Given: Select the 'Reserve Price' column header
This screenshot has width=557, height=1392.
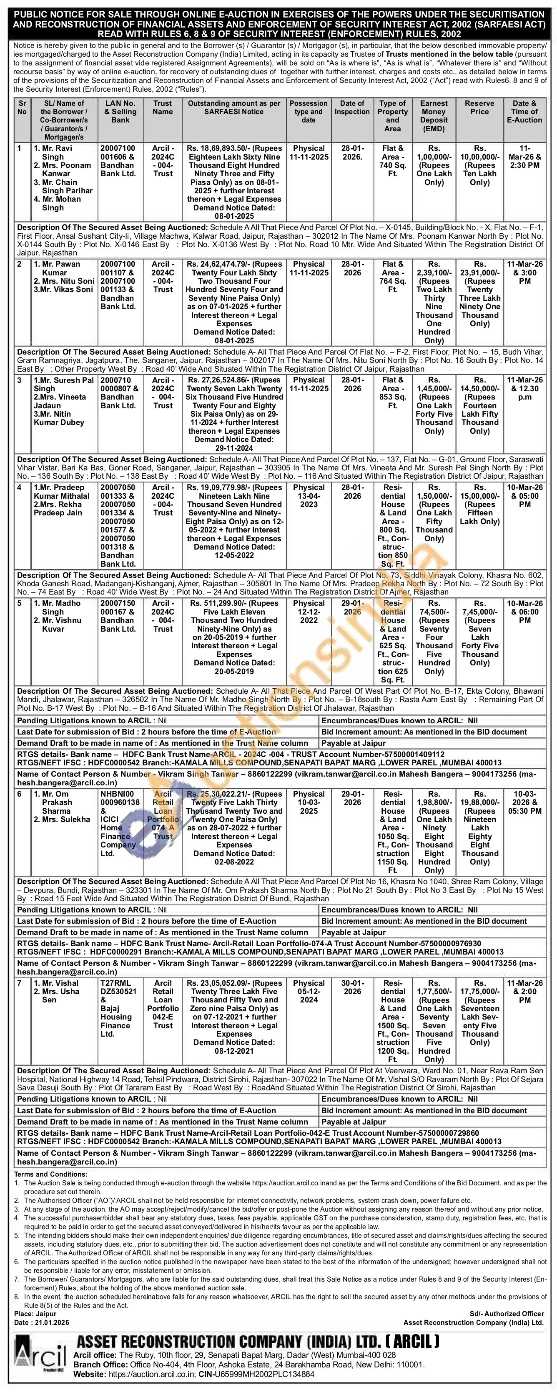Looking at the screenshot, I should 479,107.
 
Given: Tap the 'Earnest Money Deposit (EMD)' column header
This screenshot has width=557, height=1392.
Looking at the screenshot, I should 434,116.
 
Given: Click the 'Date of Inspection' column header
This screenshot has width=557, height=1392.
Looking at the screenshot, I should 351,107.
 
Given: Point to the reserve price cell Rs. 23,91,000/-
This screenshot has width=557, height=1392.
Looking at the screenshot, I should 479,298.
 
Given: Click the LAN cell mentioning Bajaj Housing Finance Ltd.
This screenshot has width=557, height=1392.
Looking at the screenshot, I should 116,1008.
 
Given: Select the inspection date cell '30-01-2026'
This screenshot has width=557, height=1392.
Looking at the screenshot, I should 351,987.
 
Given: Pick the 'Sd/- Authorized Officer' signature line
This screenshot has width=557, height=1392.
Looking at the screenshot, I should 507,1314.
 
